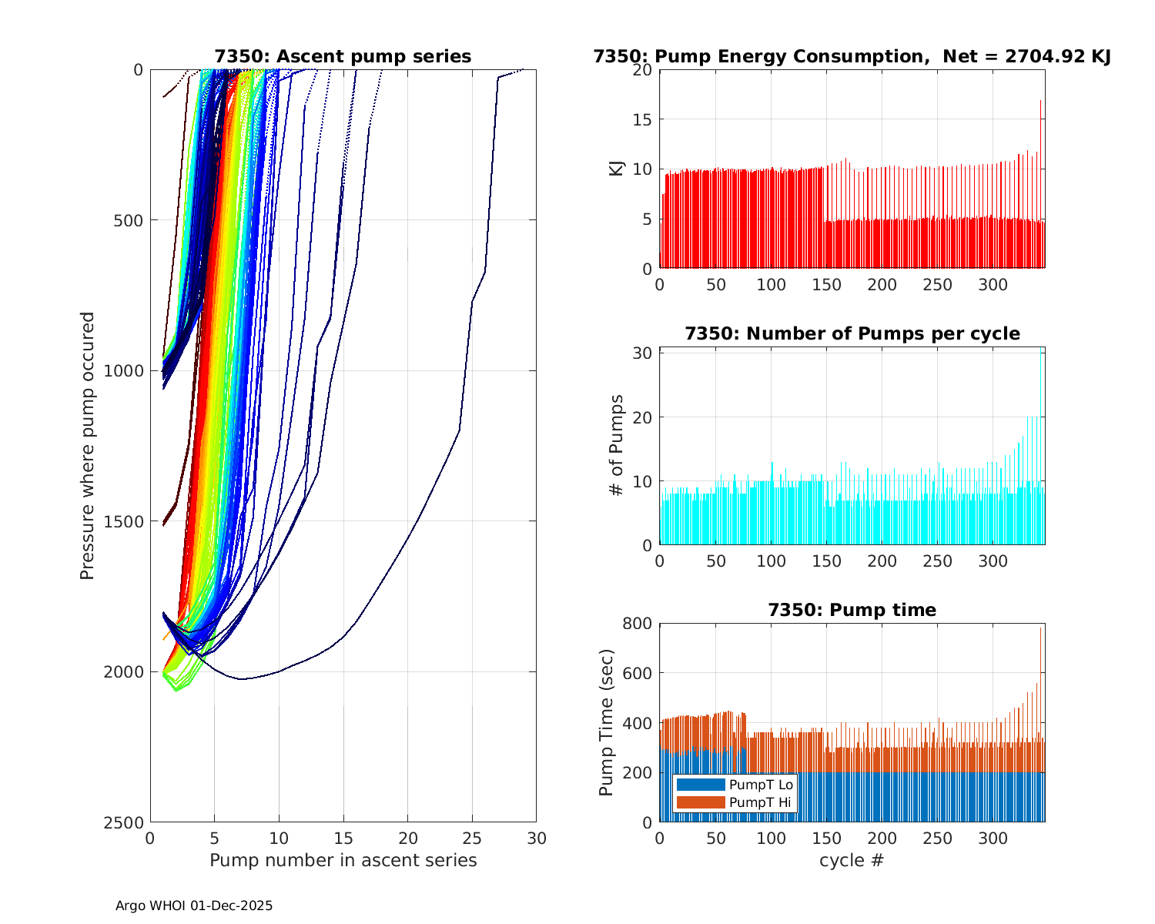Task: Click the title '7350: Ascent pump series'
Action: click(x=343, y=56)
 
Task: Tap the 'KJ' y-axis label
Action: click(x=616, y=169)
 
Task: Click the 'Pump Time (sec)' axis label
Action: click(x=607, y=722)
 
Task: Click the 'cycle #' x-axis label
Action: click(x=852, y=860)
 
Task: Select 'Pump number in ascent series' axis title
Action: click(x=343, y=860)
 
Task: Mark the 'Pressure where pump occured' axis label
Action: click(x=87, y=445)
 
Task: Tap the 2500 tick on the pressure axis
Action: click(x=126, y=822)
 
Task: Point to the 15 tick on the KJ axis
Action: click(x=643, y=119)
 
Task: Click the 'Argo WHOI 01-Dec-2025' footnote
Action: click(x=194, y=906)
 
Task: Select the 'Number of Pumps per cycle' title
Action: click(x=852, y=333)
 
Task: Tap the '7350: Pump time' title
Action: click(x=852, y=610)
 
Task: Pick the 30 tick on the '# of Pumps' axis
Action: click(x=643, y=353)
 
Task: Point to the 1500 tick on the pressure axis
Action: click(x=126, y=521)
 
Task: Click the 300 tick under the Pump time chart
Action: click(x=993, y=839)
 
